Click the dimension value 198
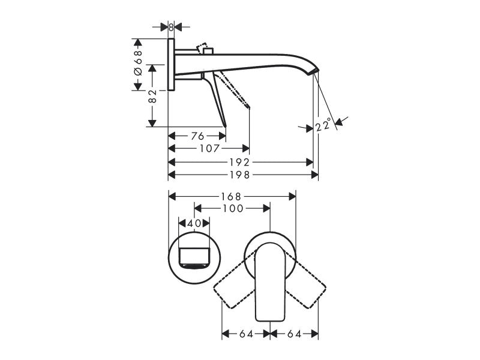pyautogui.click(x=239, y=175)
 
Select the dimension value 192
pyautogui.click(x=239, y=162)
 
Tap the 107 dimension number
pyautogui.click(x=209, y=149)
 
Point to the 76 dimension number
pyautogui.click(x=197, y=136)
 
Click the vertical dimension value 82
pyautogui.click(x=152, y=96)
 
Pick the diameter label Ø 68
pyautogui.click(x=139, y=63)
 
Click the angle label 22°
pyautogui.click(x=323, y=125)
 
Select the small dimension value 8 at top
pyautogui.click(x=171, y=27)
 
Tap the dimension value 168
pyautogui.click(x=232, y=197)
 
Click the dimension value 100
pyautogui.click(x=233, y=208)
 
